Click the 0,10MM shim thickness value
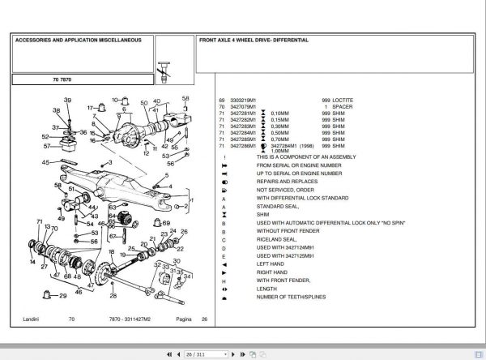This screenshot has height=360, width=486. [x=279, y=114]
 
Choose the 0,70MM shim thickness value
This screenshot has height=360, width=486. [x=279, y=140]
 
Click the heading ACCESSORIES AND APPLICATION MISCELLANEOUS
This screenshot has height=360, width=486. [x=78, y=39]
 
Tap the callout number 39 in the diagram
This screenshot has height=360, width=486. [x=68, y=100]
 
